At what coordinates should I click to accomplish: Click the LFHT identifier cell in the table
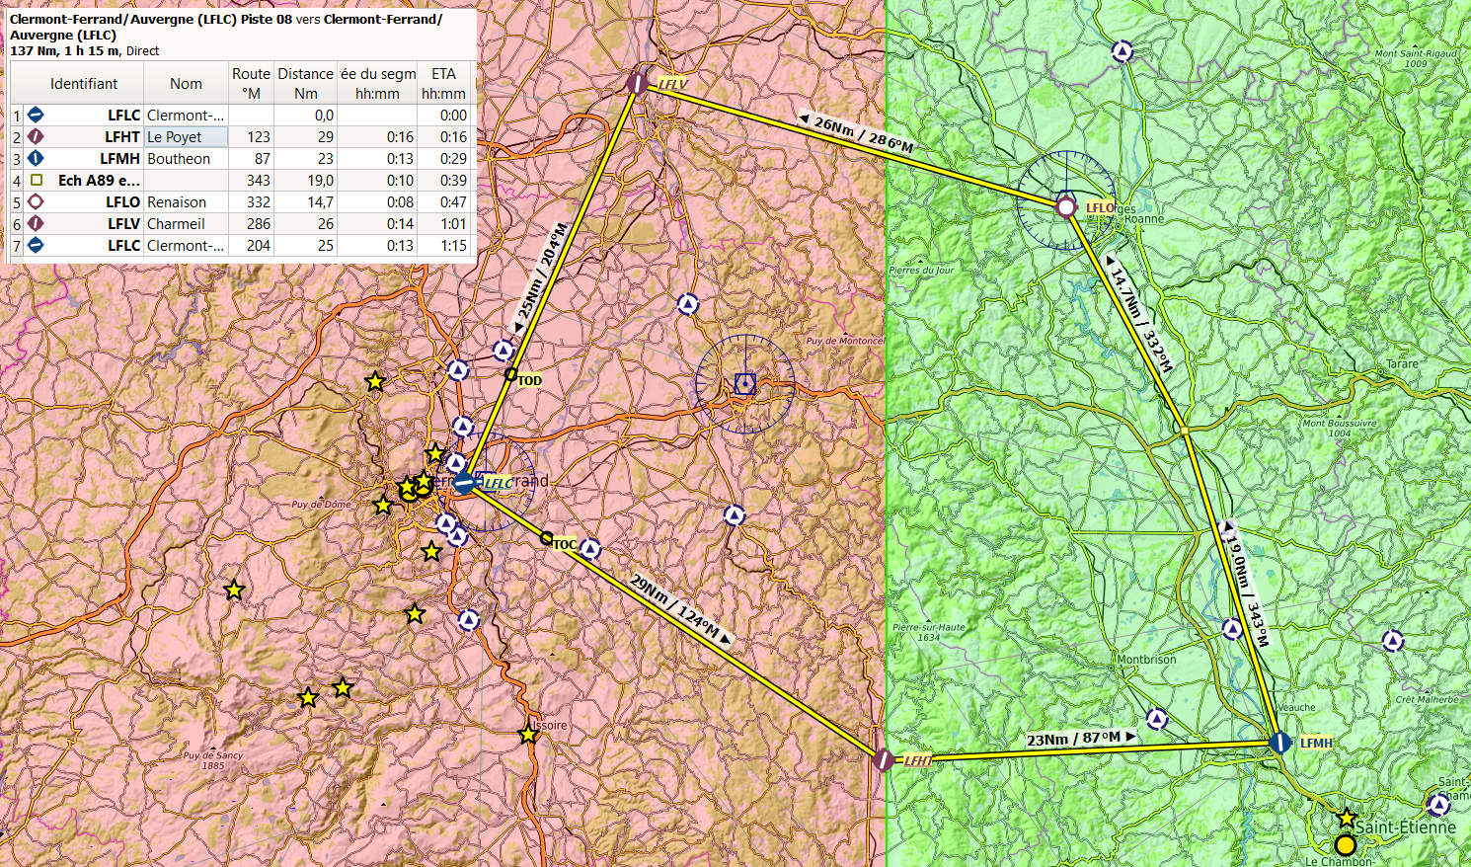(x=122, y=137)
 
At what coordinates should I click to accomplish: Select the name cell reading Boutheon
(x=179, y=159)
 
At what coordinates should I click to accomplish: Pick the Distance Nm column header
(x=305, y=84)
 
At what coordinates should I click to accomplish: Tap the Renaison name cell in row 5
(x=177, y=202)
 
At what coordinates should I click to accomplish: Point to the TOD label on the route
(x=529, y=380)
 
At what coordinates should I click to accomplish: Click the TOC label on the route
(x=564, y=544)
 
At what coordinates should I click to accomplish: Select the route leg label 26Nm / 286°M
(x=863, y=133)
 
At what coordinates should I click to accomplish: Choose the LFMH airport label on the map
(x=1316, y=743)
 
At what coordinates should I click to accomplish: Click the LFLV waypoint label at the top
(x=672, y=84)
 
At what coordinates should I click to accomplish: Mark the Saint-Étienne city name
(x=1405, y=828)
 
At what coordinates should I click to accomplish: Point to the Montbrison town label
(x=1146, y=659)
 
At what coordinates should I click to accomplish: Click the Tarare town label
(x=1402, y=364)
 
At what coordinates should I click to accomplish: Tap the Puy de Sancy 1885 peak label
(x=212, y=759)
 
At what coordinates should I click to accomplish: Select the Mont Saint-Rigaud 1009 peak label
(x=1416, y=58)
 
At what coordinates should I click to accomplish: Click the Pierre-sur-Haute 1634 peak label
(x=928, y=632)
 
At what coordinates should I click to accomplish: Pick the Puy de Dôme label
(x=321, y=505)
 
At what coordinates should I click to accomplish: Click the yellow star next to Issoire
(x=528, y=735)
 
